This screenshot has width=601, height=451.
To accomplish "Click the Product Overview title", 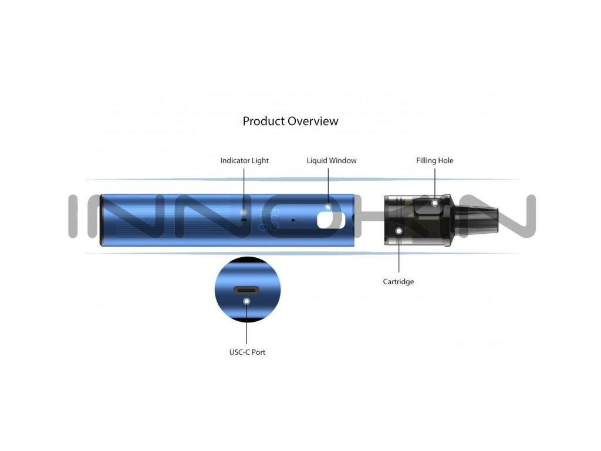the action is [291, 121].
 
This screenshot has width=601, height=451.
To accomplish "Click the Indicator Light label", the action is [244, 160].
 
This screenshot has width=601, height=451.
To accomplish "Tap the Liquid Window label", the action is [331, 160].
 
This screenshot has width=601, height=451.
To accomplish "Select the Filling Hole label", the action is [434, 160].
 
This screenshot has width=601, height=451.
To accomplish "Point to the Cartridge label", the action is [399, 282].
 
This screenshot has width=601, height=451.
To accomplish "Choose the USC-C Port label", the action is [247, 352].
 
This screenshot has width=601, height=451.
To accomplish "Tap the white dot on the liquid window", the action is [329, 207].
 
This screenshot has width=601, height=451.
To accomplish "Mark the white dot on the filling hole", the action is [435, 203].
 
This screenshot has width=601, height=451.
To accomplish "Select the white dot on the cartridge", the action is [399, 231].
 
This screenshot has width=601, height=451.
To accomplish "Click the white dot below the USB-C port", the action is [247, 301].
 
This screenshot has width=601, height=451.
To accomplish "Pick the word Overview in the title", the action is [313, 121].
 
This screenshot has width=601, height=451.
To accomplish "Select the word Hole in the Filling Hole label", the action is [445, 160].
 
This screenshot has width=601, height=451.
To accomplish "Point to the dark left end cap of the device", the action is [102, 220].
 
